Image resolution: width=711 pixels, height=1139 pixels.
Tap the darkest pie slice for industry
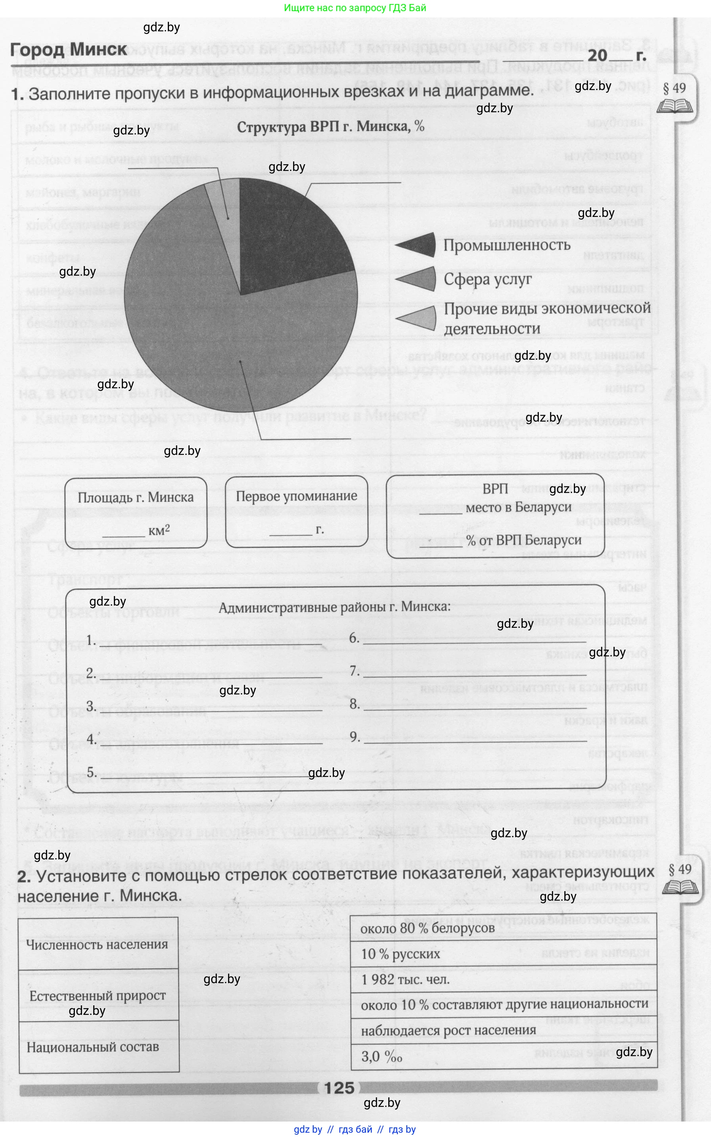[287, 230]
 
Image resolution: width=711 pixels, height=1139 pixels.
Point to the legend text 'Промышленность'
[506, 245]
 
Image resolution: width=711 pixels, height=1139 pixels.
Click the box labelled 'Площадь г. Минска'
[136, 512]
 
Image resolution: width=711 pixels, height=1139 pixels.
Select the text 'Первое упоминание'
[296, 496]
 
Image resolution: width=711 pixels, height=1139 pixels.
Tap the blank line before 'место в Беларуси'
[440, 513]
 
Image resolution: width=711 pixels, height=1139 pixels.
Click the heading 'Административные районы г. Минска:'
[334, 607]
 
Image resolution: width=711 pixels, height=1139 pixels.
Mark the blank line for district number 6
[474, 641]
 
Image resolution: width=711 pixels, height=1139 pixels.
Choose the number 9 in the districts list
[355, 737]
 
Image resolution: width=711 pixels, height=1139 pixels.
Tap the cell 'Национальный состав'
[93, 1047]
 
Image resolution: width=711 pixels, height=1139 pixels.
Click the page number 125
[339, 1088]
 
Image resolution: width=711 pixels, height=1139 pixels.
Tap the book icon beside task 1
[675, 106]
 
